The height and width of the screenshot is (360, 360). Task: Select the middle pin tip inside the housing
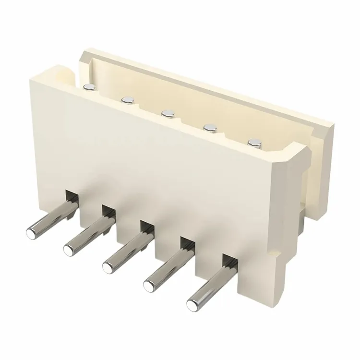[167, 114]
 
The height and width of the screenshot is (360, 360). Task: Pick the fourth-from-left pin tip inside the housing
[209, 128]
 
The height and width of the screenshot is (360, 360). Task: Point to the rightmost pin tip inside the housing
[253, 142]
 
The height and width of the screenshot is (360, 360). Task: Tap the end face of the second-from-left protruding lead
[69, 249]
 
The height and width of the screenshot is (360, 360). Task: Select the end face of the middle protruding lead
[108, 265]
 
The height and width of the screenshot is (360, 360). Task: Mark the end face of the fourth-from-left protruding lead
[149, 284]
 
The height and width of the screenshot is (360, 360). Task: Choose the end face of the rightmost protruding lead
[192, 303]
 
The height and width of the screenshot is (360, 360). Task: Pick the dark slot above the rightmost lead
[230, 261]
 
